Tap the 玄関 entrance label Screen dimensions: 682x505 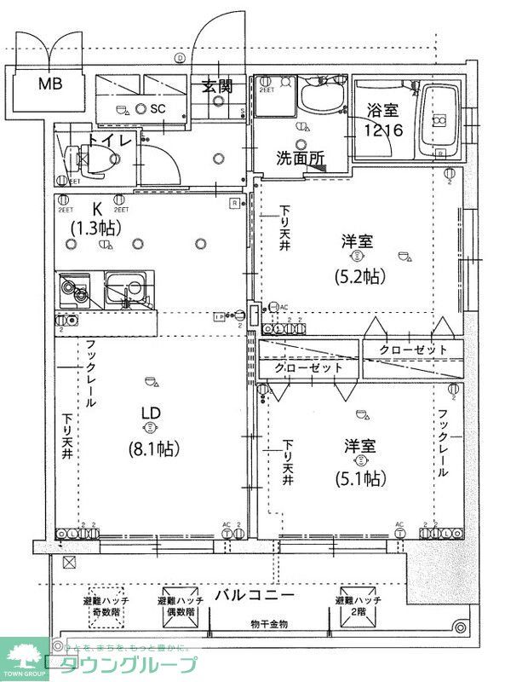click(x=217, y=85)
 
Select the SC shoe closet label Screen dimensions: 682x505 click(x=158, y=109)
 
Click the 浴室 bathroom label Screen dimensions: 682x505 click(x=382, y=110)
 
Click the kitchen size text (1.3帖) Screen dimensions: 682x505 click(x=95, y=228)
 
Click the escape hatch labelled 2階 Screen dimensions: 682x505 click(x=359, y=607)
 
